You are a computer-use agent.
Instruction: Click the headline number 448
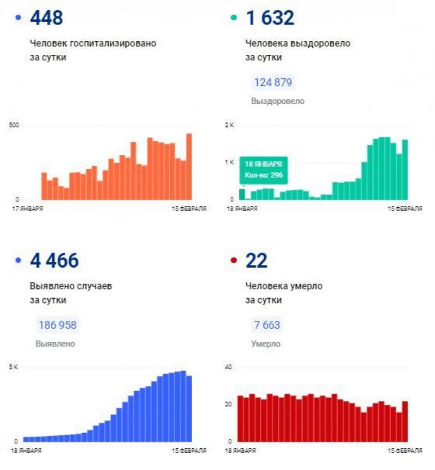pos(46,18)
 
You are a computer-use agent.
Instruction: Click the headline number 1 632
pos(270,18)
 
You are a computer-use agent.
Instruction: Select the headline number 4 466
pos(54,261)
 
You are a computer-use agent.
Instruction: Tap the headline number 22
pos(256,261)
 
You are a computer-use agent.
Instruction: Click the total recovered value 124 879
pos(273,83)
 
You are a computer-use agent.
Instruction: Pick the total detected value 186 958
pos(57,325)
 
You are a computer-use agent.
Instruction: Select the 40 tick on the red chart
pos(228,368)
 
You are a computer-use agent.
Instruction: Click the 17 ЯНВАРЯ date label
pos(28,208)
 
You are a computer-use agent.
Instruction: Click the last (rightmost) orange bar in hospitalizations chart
pos(189,166)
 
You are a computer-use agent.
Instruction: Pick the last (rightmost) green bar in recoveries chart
pos(405,169)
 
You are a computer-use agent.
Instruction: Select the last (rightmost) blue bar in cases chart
pos(189,408)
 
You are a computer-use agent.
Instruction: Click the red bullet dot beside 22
pos(234,261)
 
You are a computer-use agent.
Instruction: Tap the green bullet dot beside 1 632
pos(234,18)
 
